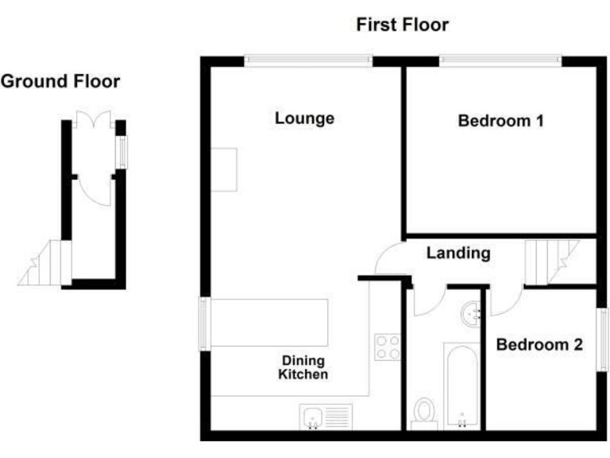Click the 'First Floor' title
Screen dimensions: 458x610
[x=402, y=25]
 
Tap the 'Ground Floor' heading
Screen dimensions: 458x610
[x=60, y=81]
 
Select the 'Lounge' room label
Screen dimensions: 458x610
[x=304, y=119]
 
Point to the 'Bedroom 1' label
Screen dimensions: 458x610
[x=500, y=122]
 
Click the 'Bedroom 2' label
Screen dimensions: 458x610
[x=539, y=345]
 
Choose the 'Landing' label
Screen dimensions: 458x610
[x=458, y=254]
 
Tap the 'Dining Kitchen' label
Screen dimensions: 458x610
[x=303, y=367]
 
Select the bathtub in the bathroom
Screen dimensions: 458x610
[x=459, y=386]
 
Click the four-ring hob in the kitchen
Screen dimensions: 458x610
[x=387, y=347]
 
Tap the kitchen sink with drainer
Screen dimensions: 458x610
[x=326, y=416]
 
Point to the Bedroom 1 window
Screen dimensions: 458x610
[x=500, y=60]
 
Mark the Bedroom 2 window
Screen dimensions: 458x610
[x=602, y=339]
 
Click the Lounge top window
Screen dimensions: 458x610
[x=308, y=60]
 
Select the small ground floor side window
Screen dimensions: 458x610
[x=122, y=152]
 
